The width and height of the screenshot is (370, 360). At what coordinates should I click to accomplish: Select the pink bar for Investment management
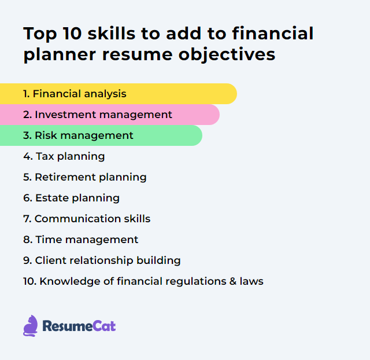[x=110, y=115]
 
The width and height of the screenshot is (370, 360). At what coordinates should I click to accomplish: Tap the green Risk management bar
[x=101, y=135]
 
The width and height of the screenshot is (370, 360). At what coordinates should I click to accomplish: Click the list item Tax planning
[x=64, y=156]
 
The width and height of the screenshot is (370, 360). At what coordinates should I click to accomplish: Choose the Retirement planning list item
[x=85, y=177]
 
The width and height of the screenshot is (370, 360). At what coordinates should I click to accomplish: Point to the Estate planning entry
[x=72, y=198]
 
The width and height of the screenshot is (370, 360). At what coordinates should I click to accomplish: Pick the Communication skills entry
[x=87, y=219]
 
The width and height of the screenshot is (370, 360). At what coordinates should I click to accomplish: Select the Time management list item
[x=81, y=240]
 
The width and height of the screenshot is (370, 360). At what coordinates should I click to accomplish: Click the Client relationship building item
[x=102, y=260]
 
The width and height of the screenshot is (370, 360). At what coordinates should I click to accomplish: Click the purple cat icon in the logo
[x=31, y=326]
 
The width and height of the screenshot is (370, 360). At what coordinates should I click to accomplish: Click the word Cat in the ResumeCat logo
[x=105, y=326]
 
